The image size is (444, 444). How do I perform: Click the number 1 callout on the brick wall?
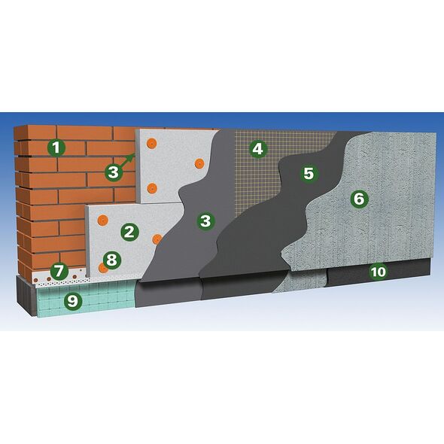point(56,147)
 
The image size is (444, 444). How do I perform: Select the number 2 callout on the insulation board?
point(129,233)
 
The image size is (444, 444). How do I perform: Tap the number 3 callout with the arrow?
point(114,172)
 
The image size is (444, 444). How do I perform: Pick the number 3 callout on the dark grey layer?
point(206,220)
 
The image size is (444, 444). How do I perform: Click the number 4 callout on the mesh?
point(257,148)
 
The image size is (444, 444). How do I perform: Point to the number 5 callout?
point(309,173)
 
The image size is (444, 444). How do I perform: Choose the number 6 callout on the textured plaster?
point(359,199)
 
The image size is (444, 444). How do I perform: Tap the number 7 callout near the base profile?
point(59,271)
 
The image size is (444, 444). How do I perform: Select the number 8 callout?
point(112,260)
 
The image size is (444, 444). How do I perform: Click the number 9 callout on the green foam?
point(73,300)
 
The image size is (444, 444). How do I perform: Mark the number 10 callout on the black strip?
point(379,272)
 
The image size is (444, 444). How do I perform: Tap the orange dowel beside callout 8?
point(102,268)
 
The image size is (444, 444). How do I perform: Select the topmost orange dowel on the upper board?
point(152,143)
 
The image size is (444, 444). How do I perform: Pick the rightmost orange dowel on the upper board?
point(199,163)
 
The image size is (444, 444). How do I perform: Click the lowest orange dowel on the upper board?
point(152,188)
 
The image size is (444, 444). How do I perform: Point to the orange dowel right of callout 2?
point(157,239)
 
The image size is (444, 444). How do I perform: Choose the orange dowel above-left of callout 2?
point(102,220)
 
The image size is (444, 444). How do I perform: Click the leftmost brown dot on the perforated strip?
point(36,280)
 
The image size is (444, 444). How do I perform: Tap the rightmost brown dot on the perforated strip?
point(75,277)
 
